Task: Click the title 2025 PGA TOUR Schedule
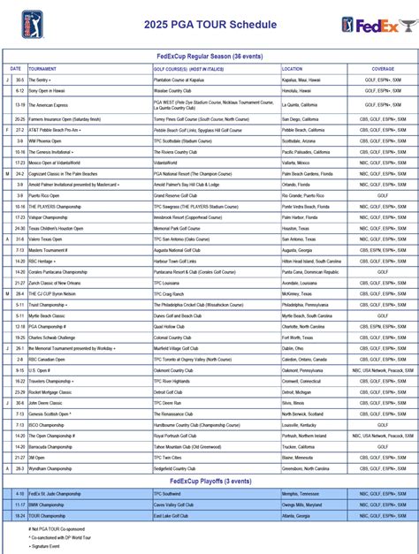(x=209, y=24)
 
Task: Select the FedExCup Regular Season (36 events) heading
(x=209, y=55)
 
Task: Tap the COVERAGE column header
(x=383, y=68)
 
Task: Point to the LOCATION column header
(x=293, y=68)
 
